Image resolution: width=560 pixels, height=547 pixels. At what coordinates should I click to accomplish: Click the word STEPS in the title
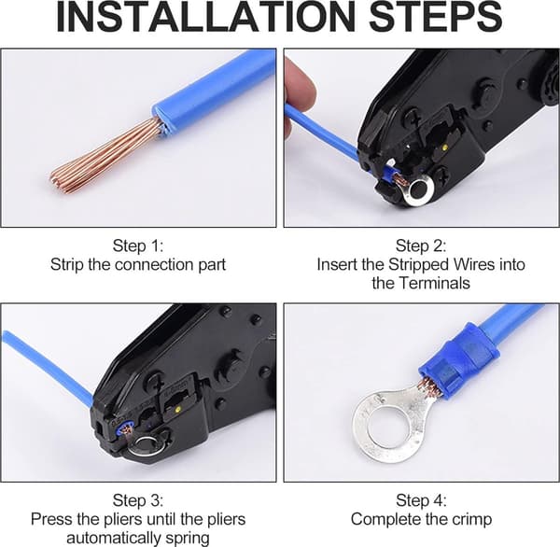click(436, 16)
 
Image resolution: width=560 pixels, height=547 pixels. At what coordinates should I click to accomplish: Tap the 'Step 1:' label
click(138, 246)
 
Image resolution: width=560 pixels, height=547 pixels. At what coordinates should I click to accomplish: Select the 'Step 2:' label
click(421, 246)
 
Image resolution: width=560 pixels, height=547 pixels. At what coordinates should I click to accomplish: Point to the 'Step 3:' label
click(138, 500)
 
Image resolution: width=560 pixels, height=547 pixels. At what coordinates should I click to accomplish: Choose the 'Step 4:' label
click(421, 500)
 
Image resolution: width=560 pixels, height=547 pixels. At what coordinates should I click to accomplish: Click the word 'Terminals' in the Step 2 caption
click(434, 283)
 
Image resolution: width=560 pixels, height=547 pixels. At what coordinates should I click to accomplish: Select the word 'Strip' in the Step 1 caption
click(67, 265)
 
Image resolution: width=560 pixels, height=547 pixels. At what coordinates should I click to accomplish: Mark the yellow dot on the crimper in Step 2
click(444, 147)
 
